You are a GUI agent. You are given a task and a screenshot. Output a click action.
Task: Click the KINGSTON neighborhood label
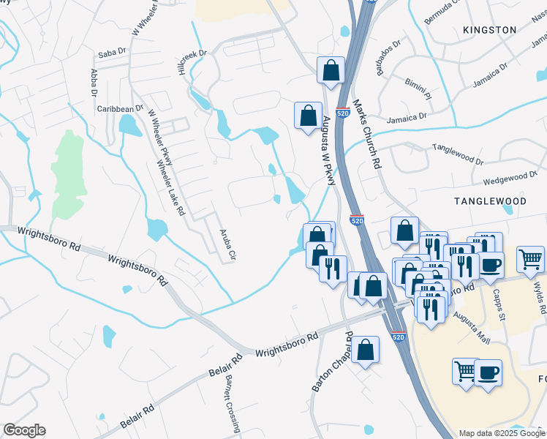point(489,30)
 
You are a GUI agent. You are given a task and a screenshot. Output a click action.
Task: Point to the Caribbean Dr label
point(121,108)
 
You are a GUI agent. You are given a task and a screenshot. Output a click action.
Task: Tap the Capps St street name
point(502,307)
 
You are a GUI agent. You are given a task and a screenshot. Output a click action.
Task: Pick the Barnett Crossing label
point(228,403)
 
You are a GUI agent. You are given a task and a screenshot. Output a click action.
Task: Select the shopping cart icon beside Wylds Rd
point(530,258)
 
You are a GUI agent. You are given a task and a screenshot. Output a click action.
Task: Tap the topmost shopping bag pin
point(331,71)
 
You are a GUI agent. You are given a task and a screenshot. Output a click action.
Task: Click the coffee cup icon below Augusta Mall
point(488,373)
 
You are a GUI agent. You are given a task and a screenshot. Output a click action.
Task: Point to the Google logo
point(24,431)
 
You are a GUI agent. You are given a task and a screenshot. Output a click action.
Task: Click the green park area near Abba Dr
point(67,173)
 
